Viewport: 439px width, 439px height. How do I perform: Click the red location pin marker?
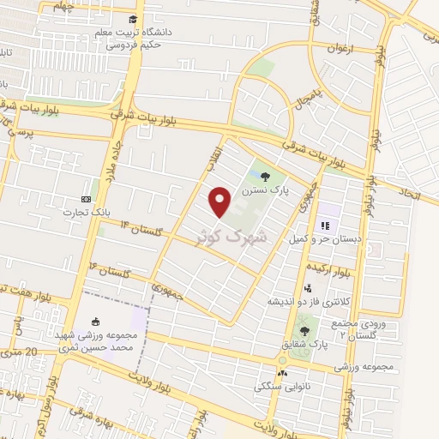[221, 201]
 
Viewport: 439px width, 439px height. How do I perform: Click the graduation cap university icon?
[132, 19]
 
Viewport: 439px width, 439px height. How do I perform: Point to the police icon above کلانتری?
[308, 288]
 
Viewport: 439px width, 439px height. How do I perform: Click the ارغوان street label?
[340, 49]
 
